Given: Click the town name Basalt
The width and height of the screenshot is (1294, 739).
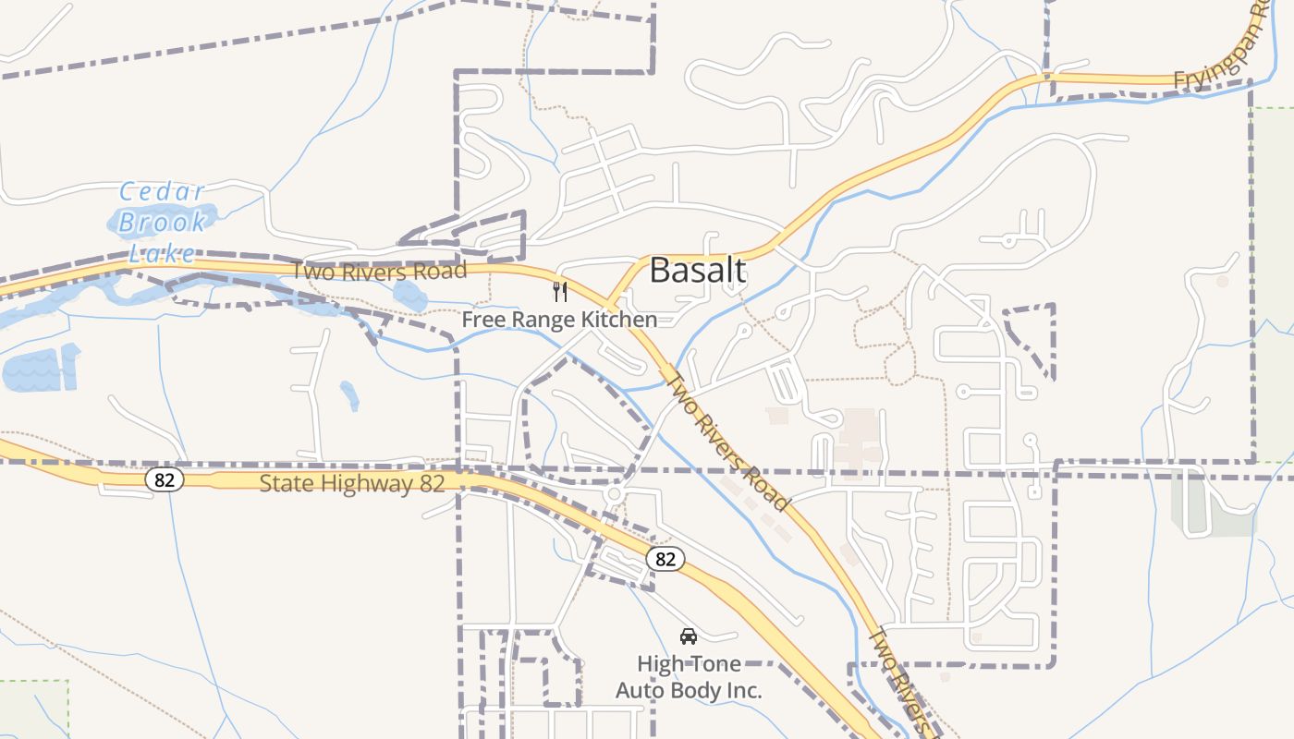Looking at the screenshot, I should pos(697,271).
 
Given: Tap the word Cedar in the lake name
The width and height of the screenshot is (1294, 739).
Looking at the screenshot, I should pos(162,192).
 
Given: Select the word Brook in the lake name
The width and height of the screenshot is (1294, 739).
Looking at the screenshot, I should pos(163,223).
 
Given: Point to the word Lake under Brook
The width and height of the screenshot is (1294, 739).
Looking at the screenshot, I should pos(162,253).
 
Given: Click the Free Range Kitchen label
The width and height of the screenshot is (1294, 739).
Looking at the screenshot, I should pos(559,320).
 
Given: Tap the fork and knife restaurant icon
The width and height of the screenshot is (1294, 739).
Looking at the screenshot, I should pos(559,292).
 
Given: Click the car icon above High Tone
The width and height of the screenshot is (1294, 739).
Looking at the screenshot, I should pos(688,636).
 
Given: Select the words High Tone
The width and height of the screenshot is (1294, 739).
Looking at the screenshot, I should pos(689,664).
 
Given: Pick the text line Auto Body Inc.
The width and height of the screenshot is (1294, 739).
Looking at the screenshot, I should pos(689,690).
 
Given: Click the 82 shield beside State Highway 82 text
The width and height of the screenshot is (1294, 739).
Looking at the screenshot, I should pos(165,480).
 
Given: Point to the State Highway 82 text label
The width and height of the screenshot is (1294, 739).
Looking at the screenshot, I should pos(351,483).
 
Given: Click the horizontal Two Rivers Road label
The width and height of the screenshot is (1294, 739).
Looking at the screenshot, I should pos(379,272).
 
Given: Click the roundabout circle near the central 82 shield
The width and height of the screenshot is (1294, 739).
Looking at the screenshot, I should pos(614,495).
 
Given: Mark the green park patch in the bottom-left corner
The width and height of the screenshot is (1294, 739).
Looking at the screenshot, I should pos(32,709).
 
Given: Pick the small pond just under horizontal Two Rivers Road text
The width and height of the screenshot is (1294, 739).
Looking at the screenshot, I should pos(409,296).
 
